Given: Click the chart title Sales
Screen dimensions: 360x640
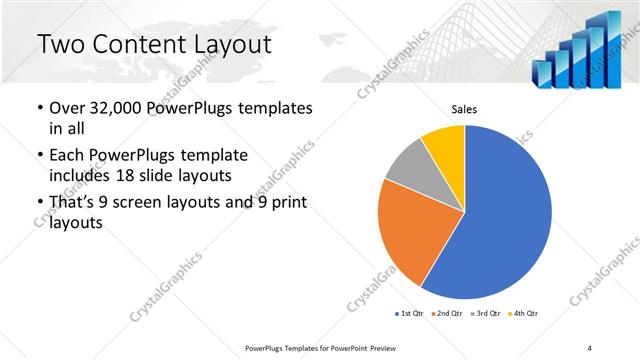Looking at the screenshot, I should click(x=464, y=109).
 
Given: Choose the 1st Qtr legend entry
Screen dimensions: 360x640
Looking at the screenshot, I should click(x=411, y=314).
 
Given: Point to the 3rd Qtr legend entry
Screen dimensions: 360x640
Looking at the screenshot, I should click(x=488, y=314).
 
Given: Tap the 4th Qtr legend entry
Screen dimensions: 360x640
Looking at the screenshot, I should click(x=524, y=314).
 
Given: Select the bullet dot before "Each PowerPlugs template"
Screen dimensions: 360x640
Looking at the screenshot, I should click(x=39, y=157).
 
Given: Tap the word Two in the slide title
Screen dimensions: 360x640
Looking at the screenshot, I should click(x=59, y=45).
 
